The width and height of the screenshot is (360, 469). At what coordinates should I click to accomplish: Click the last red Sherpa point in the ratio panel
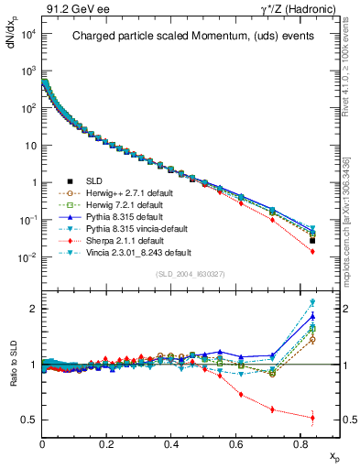click(x=312, y=418)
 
